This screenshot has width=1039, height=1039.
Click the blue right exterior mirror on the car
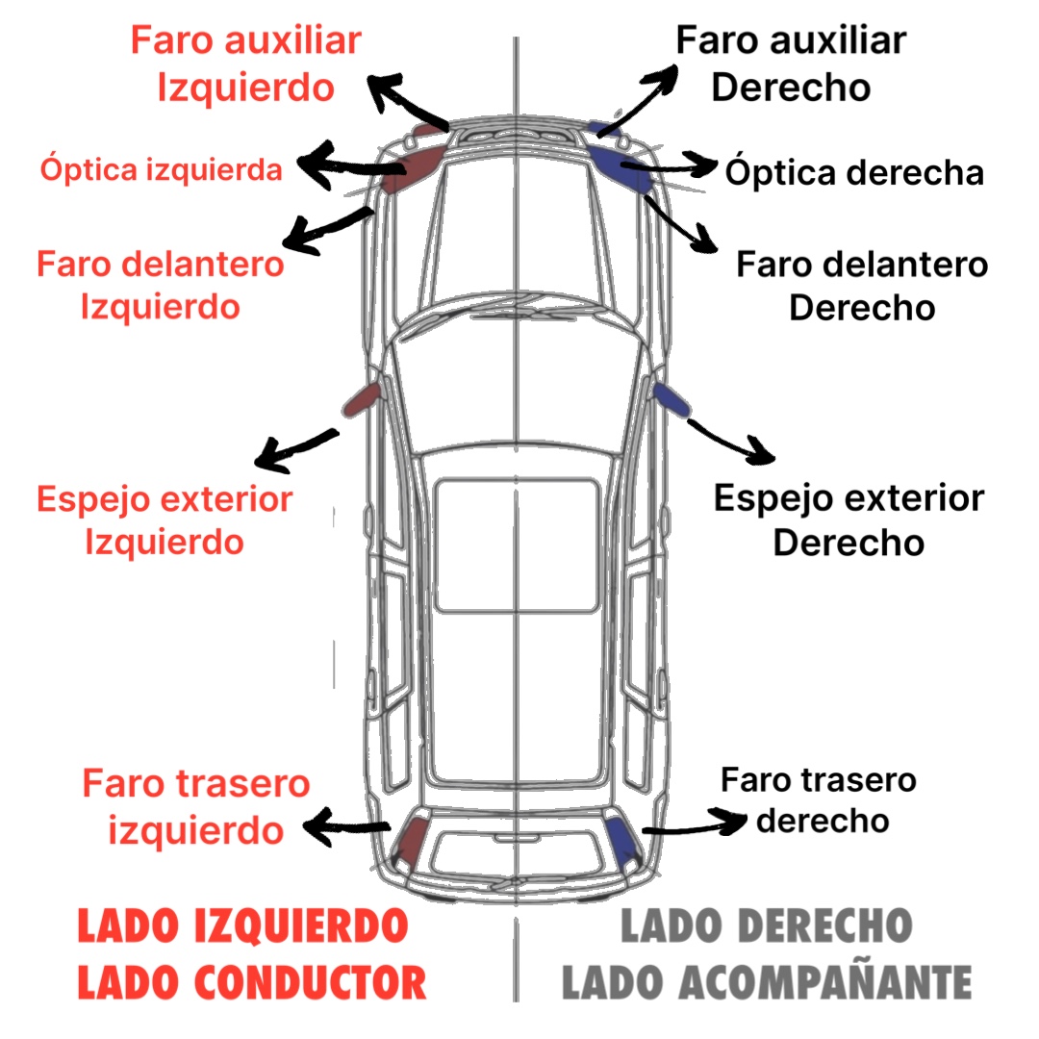[x=670, y=398]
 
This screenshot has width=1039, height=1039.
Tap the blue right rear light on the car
[x=622, y=839]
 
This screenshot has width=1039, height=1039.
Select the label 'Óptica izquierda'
[x=161, y=170]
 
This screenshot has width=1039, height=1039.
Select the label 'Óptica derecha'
[x=854, y=173]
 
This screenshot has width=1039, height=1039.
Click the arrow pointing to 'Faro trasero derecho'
[x=693, y=824]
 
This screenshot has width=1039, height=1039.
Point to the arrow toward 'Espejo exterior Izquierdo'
[x=298, y=448]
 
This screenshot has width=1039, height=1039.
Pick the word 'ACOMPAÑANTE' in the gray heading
[x=825, y=982]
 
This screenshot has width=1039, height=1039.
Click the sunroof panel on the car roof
[x=516, y=545]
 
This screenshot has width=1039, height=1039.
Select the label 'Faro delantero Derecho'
[x=862, y=286]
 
